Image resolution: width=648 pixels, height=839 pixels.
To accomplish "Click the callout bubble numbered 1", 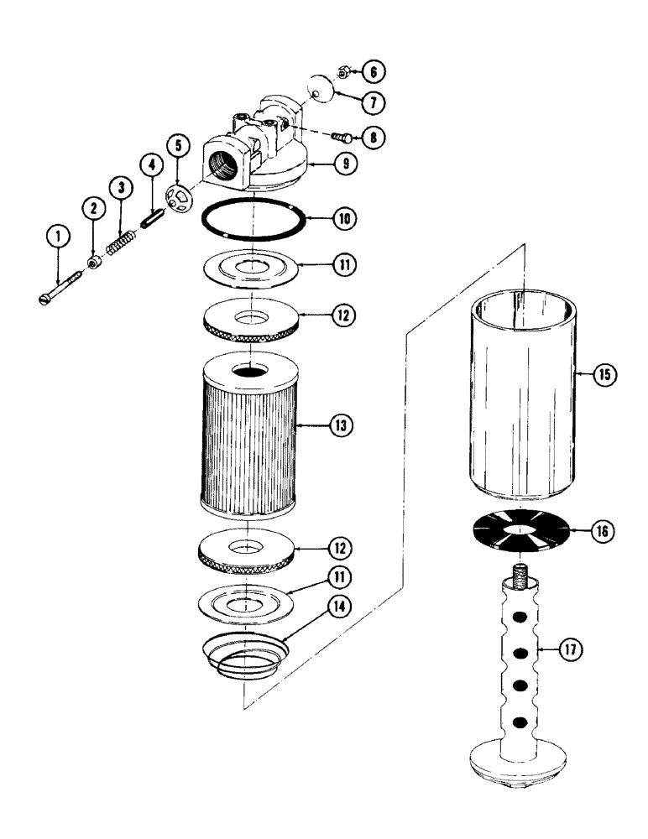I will pyautogui.click(x=58, y=238).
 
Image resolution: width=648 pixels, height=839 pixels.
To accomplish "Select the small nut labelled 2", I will pyautogui.click(x=94, y=263).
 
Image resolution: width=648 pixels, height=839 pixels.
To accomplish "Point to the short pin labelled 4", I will pyautogui.click(x=176, y=145).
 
